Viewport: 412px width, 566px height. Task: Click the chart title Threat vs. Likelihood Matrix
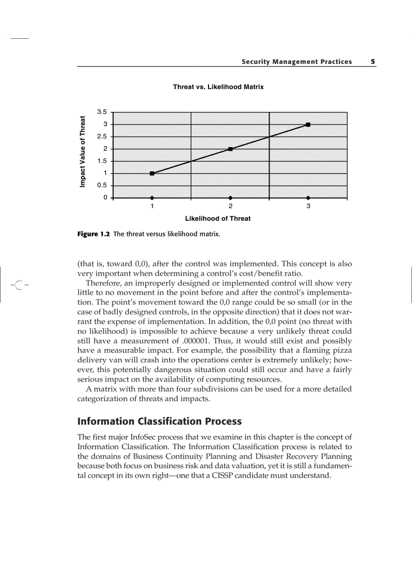tap(218, 87)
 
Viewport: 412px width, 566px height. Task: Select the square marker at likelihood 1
tap(152, 173)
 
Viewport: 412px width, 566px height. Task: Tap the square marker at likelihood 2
tap(230, 149)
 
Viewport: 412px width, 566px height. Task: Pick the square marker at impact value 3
tap(308, 124)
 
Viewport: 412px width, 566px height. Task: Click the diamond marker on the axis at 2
tap(230, 198)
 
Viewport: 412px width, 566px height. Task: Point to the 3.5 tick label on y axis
tap(102, 112)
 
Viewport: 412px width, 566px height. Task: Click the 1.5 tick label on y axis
tap(102, 161)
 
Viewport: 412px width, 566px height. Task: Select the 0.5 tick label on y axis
tap(102, 185)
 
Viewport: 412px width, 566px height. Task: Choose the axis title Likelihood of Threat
tap(218, 219)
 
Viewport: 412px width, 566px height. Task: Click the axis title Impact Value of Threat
tap(82, 152)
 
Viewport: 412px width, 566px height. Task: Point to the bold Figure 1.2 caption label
tap(93, 234)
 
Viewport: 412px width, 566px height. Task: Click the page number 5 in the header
tap(373, 61)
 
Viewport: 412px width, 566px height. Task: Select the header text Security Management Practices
tap(296, 61)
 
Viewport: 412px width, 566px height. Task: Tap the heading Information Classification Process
tap(159, 421)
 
